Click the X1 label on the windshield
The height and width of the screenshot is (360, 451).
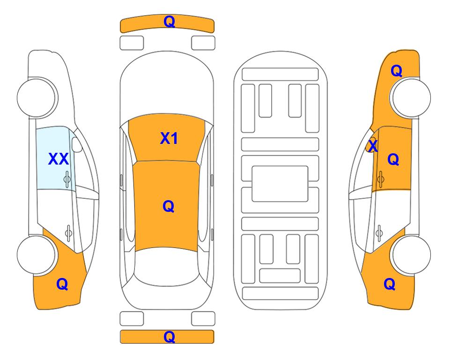[x=169, y=138]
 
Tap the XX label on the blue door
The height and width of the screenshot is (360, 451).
[x=59, y=159]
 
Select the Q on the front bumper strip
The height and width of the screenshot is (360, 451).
[x=169, y=21]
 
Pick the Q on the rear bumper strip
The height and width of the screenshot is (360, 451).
[x=169, y=337]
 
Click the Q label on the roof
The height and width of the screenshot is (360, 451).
[x=168, y=206]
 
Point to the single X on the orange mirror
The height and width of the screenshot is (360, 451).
[x=373, y=145]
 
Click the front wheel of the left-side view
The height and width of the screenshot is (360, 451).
[x=36, y=97]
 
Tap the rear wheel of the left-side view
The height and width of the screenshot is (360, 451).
[x=36, y=255]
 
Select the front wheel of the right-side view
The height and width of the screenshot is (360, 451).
[x=412, y=97]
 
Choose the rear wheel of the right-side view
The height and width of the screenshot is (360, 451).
[x=412, y=255]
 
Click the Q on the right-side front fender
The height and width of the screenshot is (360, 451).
[x=396, y=71]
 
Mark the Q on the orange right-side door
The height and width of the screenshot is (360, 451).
[x=393, y=159]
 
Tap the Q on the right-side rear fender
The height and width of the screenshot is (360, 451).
[x=390, y=284]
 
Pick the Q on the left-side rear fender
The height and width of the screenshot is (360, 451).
[x=62, y=284]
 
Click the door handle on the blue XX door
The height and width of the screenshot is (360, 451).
[x=67, y=179]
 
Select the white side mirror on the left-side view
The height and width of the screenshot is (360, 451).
[x=77, y=145]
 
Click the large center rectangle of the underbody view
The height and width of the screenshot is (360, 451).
[x=280, y=184]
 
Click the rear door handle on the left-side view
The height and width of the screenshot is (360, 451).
[x=68, y=232]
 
